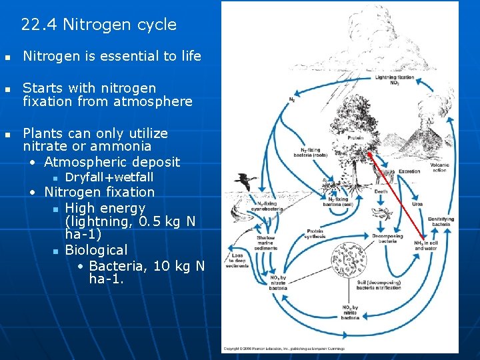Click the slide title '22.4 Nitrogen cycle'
(99, 25)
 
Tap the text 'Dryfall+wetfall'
(109, 177)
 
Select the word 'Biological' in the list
(96, 250)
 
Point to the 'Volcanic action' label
(439, 167)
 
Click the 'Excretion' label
(409, 171)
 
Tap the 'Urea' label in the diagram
(417, 204)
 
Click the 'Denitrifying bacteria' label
(440, 221)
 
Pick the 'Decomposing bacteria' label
(388, 238)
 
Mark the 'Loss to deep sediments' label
(237, 260)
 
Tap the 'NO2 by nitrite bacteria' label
(350, 313)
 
